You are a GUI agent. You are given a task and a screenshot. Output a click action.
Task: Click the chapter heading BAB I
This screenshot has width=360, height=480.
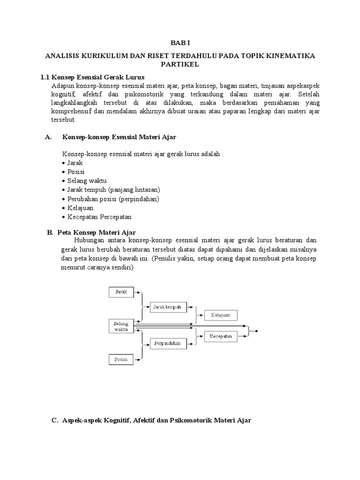click(x=180, y=41)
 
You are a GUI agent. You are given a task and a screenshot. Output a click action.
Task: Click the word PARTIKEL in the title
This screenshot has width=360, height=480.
click(x=180, y=64)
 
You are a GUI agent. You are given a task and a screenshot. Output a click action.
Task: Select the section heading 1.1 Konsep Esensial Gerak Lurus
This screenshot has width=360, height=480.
click(x=93, y=77)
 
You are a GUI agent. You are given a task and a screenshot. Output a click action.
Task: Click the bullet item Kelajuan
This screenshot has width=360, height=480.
click(x=80, y=208)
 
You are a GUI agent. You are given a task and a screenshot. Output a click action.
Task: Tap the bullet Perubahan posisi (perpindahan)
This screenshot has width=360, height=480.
click(x=113, y=199)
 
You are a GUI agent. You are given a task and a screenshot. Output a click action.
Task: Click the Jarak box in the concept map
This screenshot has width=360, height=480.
click(x=121, y=292)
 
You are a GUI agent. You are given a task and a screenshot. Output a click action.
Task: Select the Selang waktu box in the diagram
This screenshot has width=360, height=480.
click(x=121, y=326)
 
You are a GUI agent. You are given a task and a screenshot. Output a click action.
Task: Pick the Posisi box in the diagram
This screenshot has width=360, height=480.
click(x=121, y=360)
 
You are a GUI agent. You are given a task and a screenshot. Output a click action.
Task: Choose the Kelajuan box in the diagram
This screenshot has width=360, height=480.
click(x=220, y=315)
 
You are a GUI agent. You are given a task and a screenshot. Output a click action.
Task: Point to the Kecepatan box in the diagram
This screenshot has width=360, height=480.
click(x=220, y=336)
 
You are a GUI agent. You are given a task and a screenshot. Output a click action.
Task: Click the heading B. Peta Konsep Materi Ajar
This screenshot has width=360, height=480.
click(x=92, y=232)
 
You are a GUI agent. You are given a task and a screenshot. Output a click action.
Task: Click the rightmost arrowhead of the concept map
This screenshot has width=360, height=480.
click(x=256, y=331)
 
